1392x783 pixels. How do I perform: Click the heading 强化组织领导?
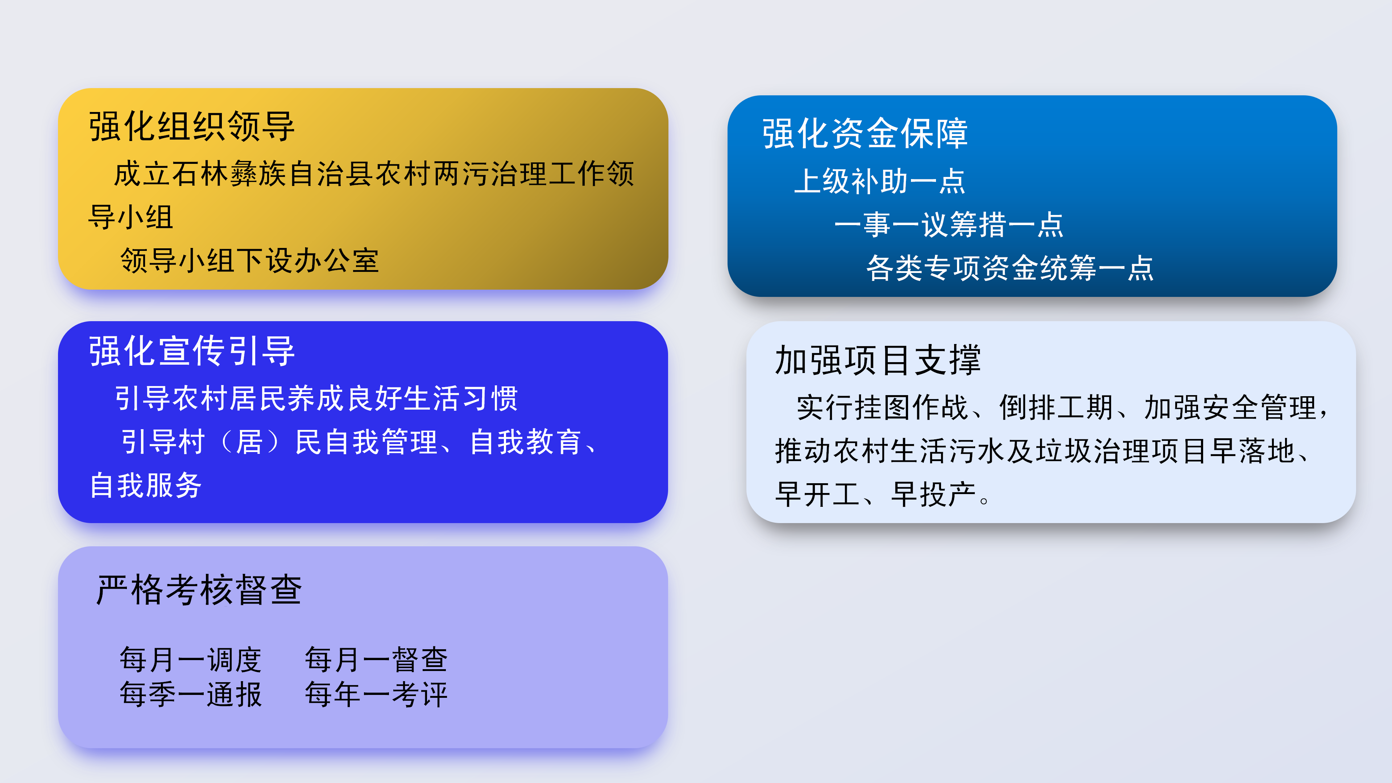[x=192, y=127]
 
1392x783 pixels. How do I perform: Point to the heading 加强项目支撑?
[x=878, y=360]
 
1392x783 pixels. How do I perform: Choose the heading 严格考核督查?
[x=199, y=589]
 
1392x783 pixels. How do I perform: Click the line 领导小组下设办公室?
[x=250, y=261]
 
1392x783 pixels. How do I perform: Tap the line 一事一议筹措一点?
[x=949, y=224]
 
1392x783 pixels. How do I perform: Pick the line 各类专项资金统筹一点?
[x=1010, y=268]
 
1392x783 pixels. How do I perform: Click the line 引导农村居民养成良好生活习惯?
[x=316, y=398]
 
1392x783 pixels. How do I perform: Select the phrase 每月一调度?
[x=191, y=660]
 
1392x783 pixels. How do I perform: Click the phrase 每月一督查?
[x=376, y=660]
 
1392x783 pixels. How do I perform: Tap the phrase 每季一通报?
[x=191, y=695]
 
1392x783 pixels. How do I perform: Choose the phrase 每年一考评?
[x=376, y=695]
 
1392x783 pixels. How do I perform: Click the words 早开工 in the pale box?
[x=817, y=494]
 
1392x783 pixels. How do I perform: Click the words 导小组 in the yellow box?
[x=131, y=217]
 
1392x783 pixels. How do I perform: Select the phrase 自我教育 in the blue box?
[x=526, y=442]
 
